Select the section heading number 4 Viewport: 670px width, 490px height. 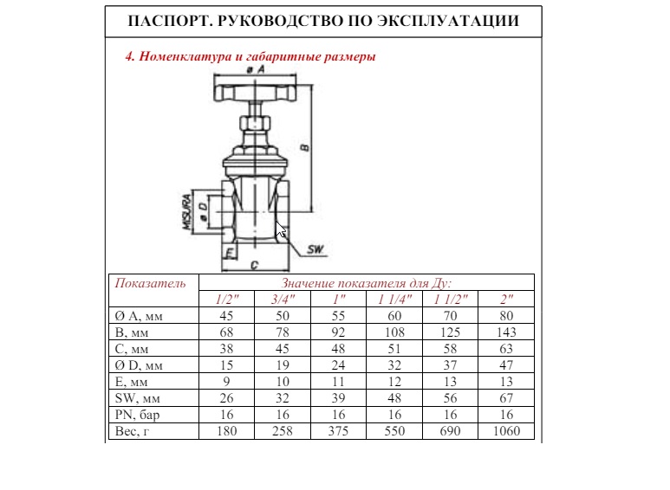130,56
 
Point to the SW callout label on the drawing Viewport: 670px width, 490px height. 315,250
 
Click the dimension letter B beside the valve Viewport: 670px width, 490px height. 304,148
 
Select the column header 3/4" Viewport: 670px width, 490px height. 283,298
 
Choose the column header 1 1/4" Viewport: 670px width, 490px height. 394,298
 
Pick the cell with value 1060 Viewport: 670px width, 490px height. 506,430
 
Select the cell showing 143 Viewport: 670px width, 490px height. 506,332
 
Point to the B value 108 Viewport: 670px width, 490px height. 394,332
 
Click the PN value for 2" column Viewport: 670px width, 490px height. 506,414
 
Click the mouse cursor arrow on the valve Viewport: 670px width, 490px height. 280,229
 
